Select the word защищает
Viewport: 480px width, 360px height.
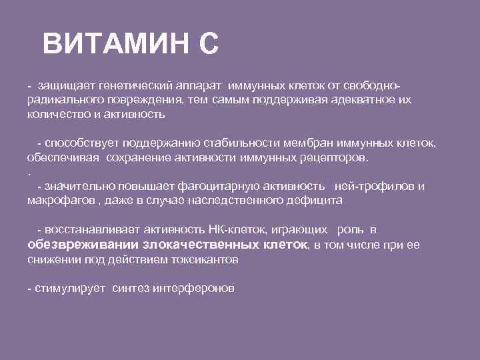click(x=66, y=87)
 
